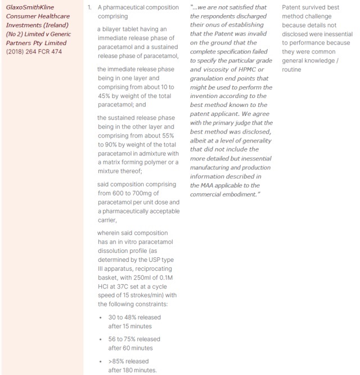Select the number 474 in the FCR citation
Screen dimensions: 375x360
(x=56, y=52)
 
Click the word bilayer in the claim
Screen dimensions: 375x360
(x=111, y=29)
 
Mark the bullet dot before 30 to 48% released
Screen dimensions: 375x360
(x=101, y=317)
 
